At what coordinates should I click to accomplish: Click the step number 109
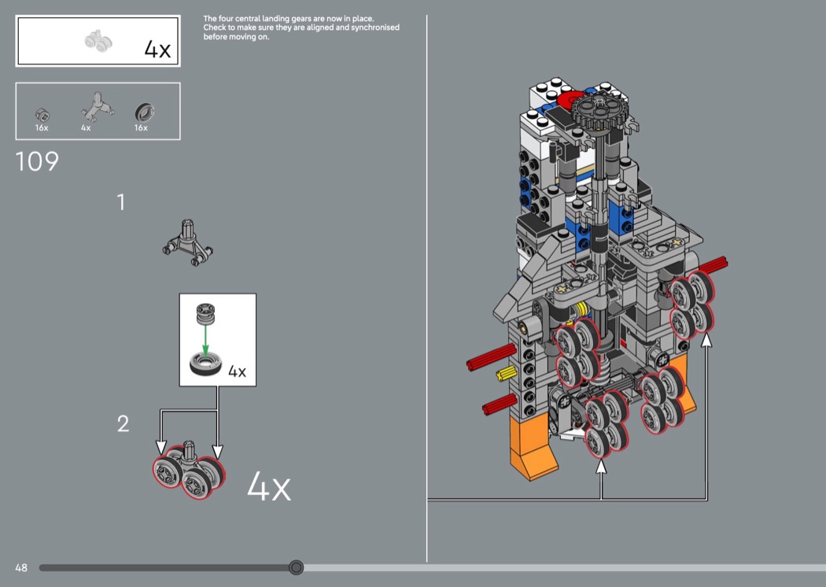[x=37, y=161]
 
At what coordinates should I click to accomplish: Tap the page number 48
[x=21, y=567]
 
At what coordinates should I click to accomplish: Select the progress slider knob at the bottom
[x=296, y=567]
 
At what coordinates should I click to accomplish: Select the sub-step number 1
[x=121, y=202]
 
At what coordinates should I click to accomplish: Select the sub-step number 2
[x=123, y=423]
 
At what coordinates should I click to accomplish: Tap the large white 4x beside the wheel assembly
[x=269, y=486]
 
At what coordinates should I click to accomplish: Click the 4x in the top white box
[x=157, y=50]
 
